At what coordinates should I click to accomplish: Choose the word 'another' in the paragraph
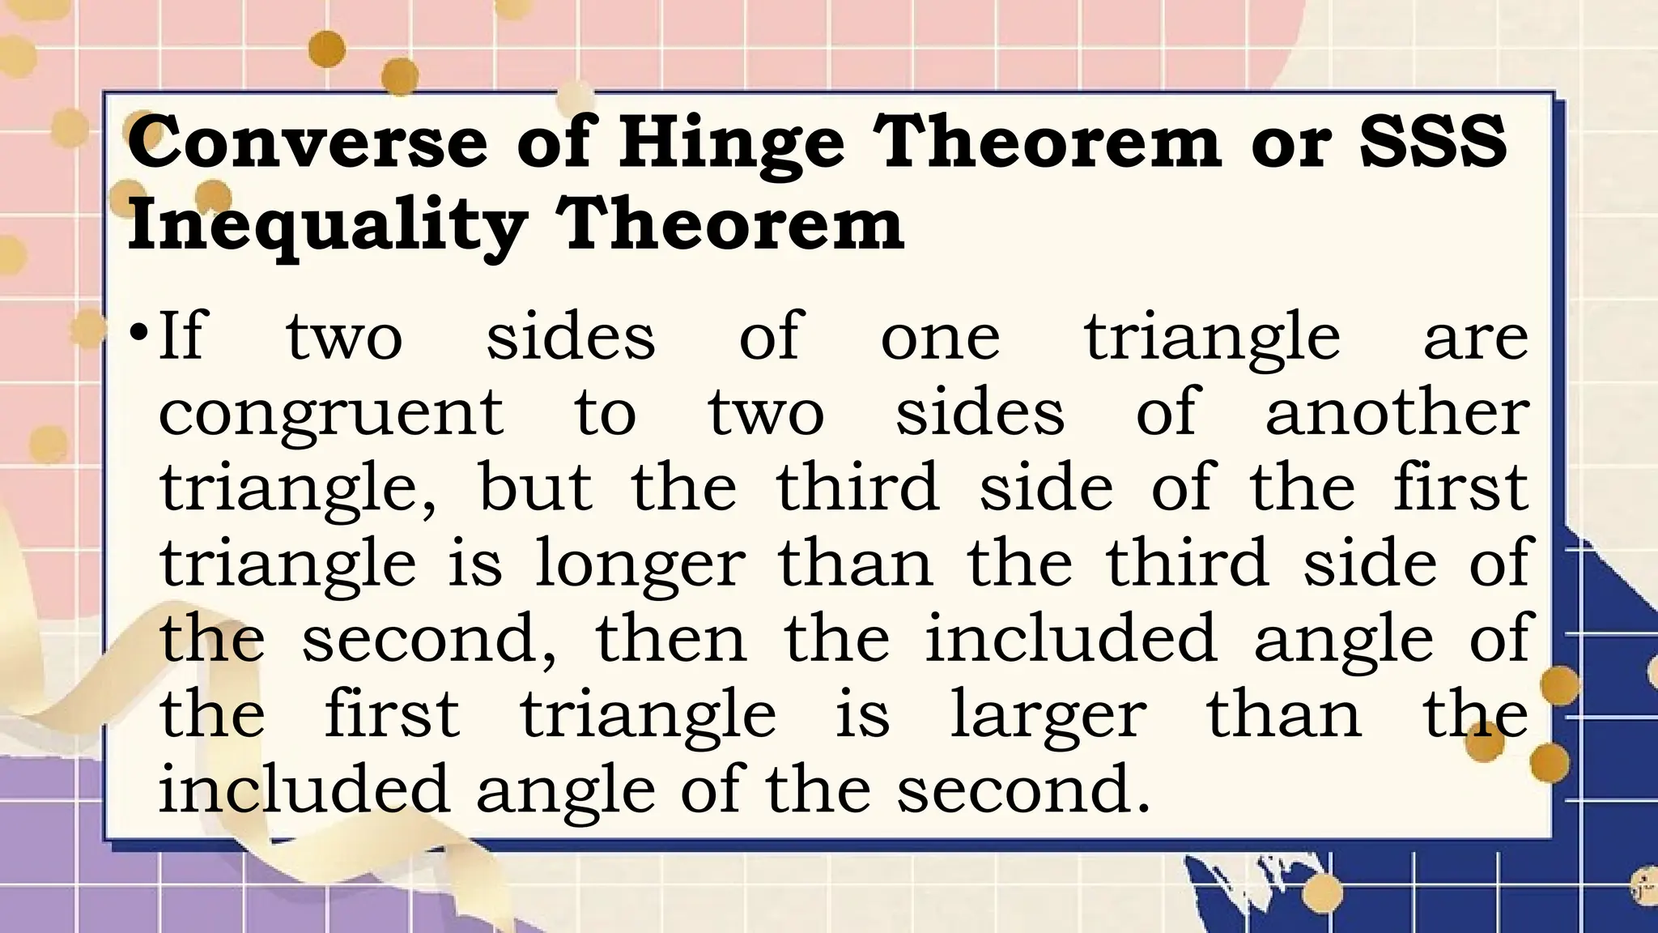1397,411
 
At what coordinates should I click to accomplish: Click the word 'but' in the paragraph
535,486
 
